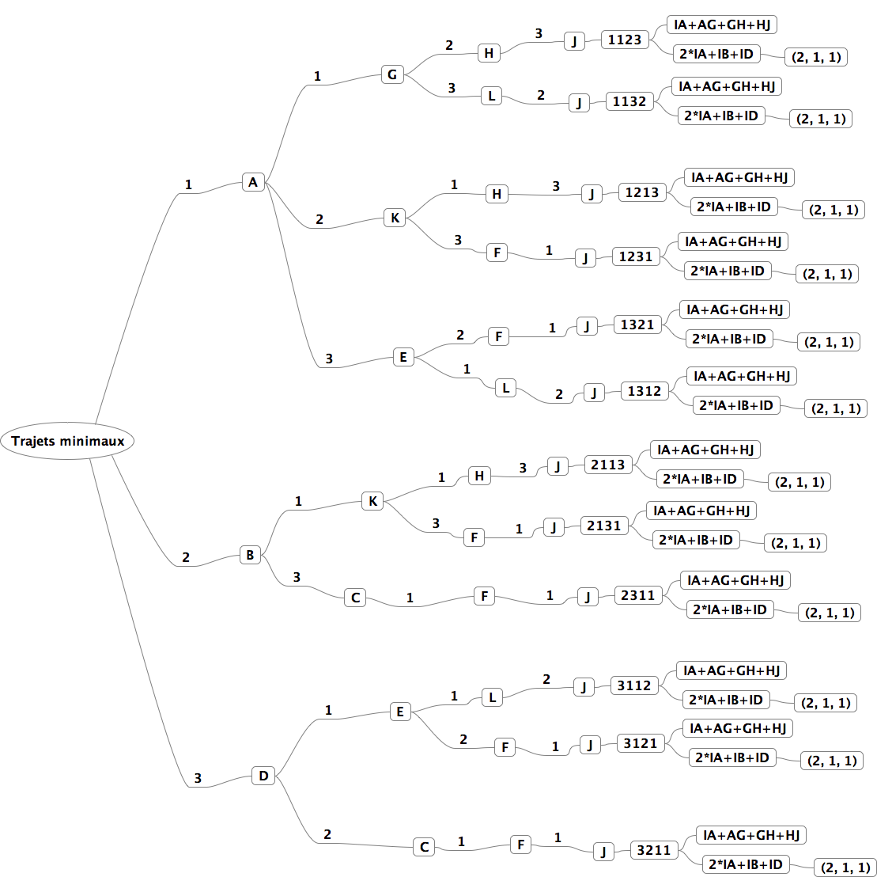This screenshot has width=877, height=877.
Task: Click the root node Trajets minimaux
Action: point(68,441)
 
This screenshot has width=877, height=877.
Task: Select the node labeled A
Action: point(253,183)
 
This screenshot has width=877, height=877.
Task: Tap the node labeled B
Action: point(250,555)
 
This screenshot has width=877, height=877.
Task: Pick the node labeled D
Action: point(263,776)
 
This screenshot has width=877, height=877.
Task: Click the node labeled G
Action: point(392,75)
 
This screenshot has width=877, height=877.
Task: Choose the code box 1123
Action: point(625,40)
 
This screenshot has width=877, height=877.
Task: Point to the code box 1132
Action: point(629,101)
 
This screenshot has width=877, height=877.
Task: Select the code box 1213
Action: point(642,192)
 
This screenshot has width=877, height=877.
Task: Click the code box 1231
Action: point(636,256)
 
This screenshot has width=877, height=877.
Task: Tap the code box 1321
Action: point(637,325)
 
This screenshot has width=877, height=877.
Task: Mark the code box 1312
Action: point(645,391)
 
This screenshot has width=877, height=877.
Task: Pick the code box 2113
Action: point(607,465)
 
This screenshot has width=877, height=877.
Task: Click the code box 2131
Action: point(604,526)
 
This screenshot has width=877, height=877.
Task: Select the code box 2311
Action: point(638,595)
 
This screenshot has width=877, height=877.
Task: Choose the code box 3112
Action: point(634,685)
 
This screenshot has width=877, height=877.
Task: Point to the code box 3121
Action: point(641,743)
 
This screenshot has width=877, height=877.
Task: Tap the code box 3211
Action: point(654,851)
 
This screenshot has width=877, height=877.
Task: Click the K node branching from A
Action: point(395,218)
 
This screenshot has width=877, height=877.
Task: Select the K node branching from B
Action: point(372,501)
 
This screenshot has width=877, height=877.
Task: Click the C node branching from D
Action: point(424,847)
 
